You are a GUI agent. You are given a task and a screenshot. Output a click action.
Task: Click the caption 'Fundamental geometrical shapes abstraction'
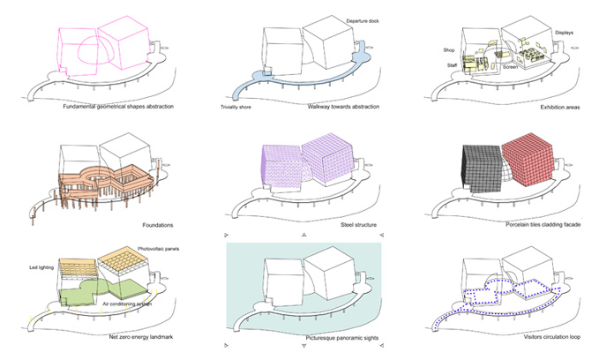[119, 107]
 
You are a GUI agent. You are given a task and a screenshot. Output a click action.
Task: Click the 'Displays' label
[564, 33]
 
